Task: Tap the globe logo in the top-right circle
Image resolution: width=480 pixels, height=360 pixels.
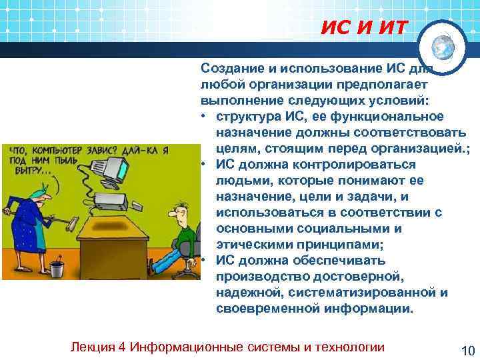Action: [443, 47]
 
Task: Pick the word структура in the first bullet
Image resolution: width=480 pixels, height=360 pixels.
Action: [249, 117]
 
